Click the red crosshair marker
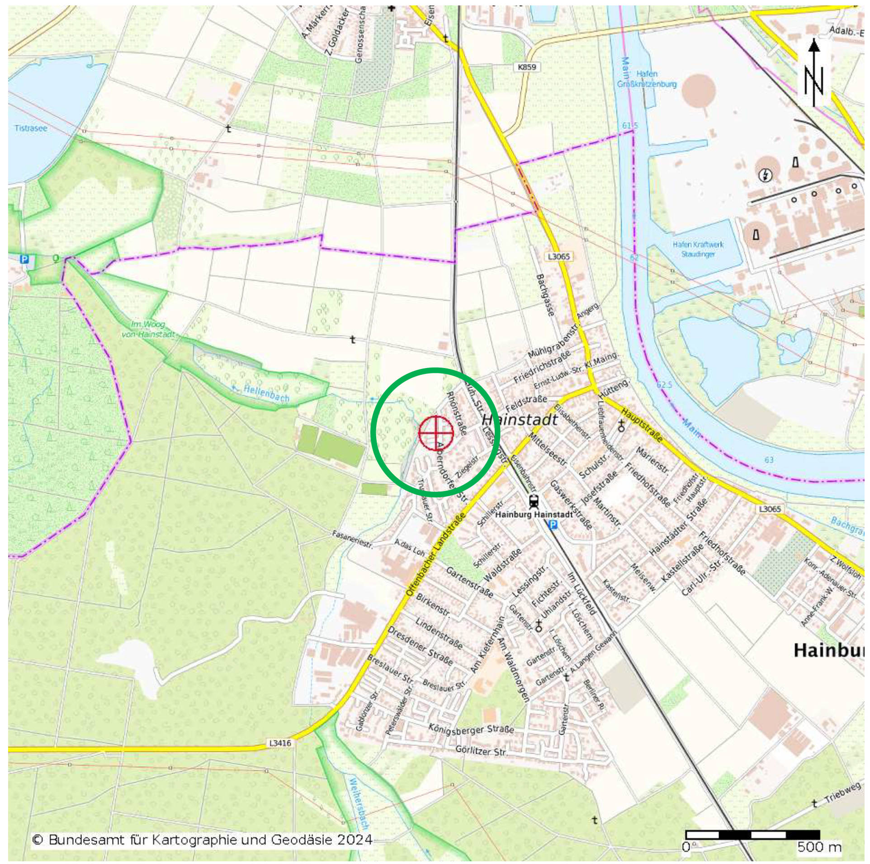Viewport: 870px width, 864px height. tap(436, 432)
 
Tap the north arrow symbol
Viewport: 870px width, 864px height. tap(813, 73)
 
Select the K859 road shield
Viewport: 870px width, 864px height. tap(527, 67)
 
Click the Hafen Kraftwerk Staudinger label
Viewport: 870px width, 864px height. tap(698, 249)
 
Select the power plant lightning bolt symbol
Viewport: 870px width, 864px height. tap(765, 175)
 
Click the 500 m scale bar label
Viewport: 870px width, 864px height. tap(819, 847)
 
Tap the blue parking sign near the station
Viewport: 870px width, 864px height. tap(553, 524)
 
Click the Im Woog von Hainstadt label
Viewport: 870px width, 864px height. tap(148, 330)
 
